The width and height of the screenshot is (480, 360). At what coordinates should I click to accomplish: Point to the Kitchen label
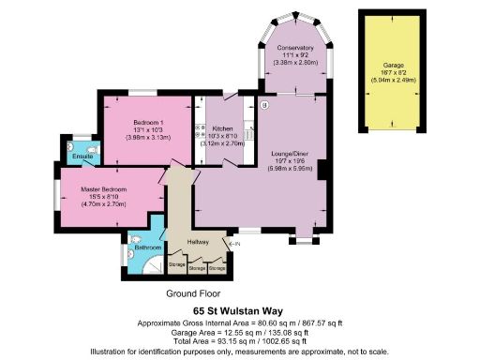coord(222,128)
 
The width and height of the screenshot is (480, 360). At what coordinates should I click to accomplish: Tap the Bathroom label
coord(148,248)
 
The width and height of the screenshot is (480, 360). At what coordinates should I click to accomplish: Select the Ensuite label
coord(82,157)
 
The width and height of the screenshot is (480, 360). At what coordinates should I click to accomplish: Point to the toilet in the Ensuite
coord(92,148)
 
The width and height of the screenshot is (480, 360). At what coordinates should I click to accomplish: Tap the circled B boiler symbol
coord(265,105)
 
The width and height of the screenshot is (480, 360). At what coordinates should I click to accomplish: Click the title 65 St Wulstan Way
coord(239,309)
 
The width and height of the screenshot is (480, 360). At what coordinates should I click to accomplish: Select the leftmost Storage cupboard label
coord(176,266)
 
